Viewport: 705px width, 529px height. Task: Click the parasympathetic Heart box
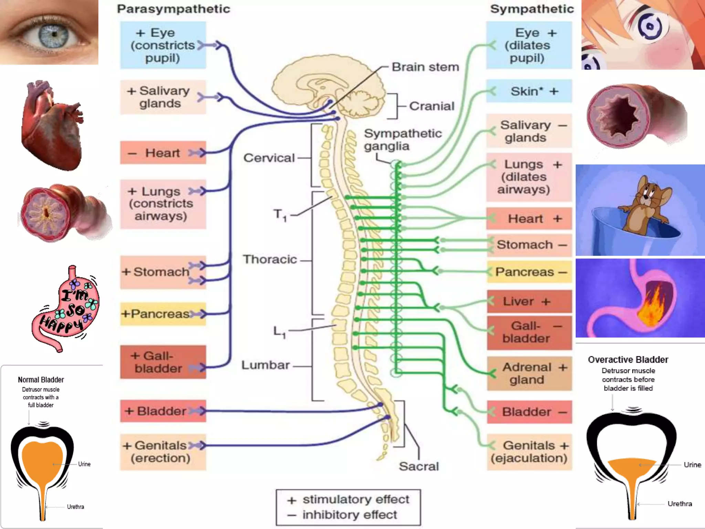pyautogui.click(x=163, y=153)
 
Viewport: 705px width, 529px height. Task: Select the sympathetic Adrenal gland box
pyautogui.click(x=529, y=373)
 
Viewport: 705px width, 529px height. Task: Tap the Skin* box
pyautogui.click(x=529, y=91)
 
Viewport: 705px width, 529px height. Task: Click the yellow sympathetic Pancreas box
pyautogui.click(x=529, y=272)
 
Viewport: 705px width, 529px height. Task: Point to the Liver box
pyautogui.click(x=529, y=301)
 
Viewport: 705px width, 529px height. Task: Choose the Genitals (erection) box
pyautogui.click(x=163, y=452)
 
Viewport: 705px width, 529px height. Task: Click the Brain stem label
pyautogui.click(x=425, y=67)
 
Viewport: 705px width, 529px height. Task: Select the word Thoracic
pyautogui.click(x=270, y=259)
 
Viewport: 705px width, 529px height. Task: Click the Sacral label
pyautogui.click(x=419, y=466)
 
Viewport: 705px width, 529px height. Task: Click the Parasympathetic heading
pyautogui.click(x=173, y=9)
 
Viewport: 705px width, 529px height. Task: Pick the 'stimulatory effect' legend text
pyautogui.click(x=356, y=499)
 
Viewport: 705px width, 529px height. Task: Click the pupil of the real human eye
pyautogui.click(x=54, y=34)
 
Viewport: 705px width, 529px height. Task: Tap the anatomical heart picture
pyautogui.click(x=52, y=126)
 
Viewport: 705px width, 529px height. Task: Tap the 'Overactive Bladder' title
pyautogui.click(x=628, y=360)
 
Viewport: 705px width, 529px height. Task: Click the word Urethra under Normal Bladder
pyautogui.click(x=75, y=507)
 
